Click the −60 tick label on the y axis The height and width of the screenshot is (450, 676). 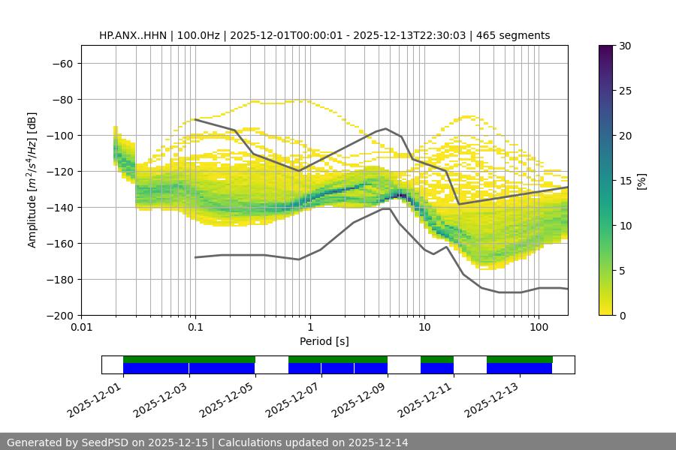tap(62, 64)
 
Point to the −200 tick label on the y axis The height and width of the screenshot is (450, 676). tap(59, 316)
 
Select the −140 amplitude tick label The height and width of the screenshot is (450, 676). tap(59, 208)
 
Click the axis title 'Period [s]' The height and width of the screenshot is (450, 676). tap(324, 342)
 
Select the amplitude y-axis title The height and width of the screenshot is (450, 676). tap(32, 181)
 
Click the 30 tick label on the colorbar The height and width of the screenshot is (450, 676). tap(624, 46)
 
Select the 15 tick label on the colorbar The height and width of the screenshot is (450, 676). tap(624, 181)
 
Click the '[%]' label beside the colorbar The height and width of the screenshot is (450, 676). tap(641, 181)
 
